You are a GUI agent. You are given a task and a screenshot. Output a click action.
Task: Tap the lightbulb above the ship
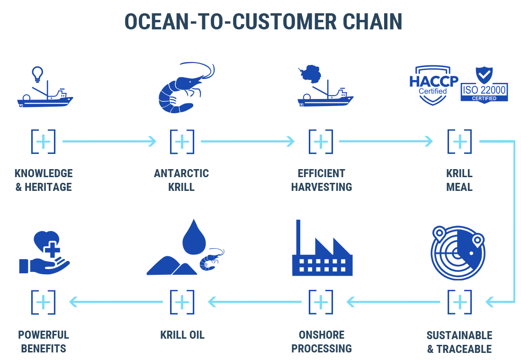point(37,74)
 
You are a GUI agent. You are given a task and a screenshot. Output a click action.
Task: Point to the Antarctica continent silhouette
point(310,74)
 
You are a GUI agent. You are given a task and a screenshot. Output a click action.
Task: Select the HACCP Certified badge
point(433,85)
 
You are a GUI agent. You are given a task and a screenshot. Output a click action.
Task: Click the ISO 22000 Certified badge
point(484,85)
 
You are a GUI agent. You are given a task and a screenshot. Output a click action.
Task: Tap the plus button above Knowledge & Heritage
point(43,142)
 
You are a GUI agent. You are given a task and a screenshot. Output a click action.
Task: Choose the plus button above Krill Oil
point(182,302)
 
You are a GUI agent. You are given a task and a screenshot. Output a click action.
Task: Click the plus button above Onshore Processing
point(321,302)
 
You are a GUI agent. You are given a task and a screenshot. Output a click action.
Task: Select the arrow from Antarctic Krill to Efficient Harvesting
point(248,141)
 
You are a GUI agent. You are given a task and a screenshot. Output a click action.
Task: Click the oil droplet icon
point(194,237)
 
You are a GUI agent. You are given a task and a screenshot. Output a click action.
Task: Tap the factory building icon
point(322,248)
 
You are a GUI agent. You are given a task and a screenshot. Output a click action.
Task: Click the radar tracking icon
point(458,252)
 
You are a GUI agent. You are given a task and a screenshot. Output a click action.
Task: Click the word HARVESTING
point(321,187)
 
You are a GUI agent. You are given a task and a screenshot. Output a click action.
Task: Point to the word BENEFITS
point(44,349)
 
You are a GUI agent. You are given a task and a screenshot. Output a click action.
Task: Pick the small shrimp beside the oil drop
point(212,260)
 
